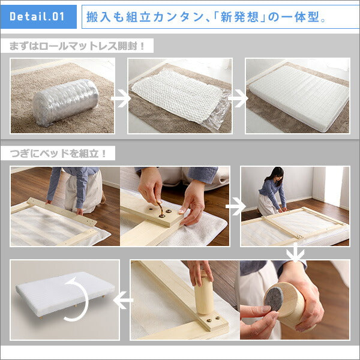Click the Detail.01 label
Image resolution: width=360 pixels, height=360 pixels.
[37, 17]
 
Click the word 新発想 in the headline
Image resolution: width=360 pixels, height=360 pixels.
[239, 17]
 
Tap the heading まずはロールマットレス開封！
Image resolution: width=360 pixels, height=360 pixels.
[77, 46]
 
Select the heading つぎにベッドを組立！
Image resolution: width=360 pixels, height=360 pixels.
[58, 154]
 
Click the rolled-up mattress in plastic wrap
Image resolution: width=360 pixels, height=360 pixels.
[66, 102]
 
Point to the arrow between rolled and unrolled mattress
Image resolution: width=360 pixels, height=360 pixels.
[121, 98]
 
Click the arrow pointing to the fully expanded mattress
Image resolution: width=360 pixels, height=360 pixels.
[238, 98]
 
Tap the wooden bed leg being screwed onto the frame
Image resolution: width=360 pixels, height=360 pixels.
[204, 293]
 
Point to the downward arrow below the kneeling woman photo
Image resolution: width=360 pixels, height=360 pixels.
[295, 253]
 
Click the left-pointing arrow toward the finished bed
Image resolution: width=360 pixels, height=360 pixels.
[123, 300]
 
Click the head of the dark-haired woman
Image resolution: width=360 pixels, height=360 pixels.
[277, 174]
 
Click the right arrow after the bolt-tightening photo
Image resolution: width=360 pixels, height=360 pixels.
[236, 206]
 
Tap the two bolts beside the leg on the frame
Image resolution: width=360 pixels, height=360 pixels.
[213, 319]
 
